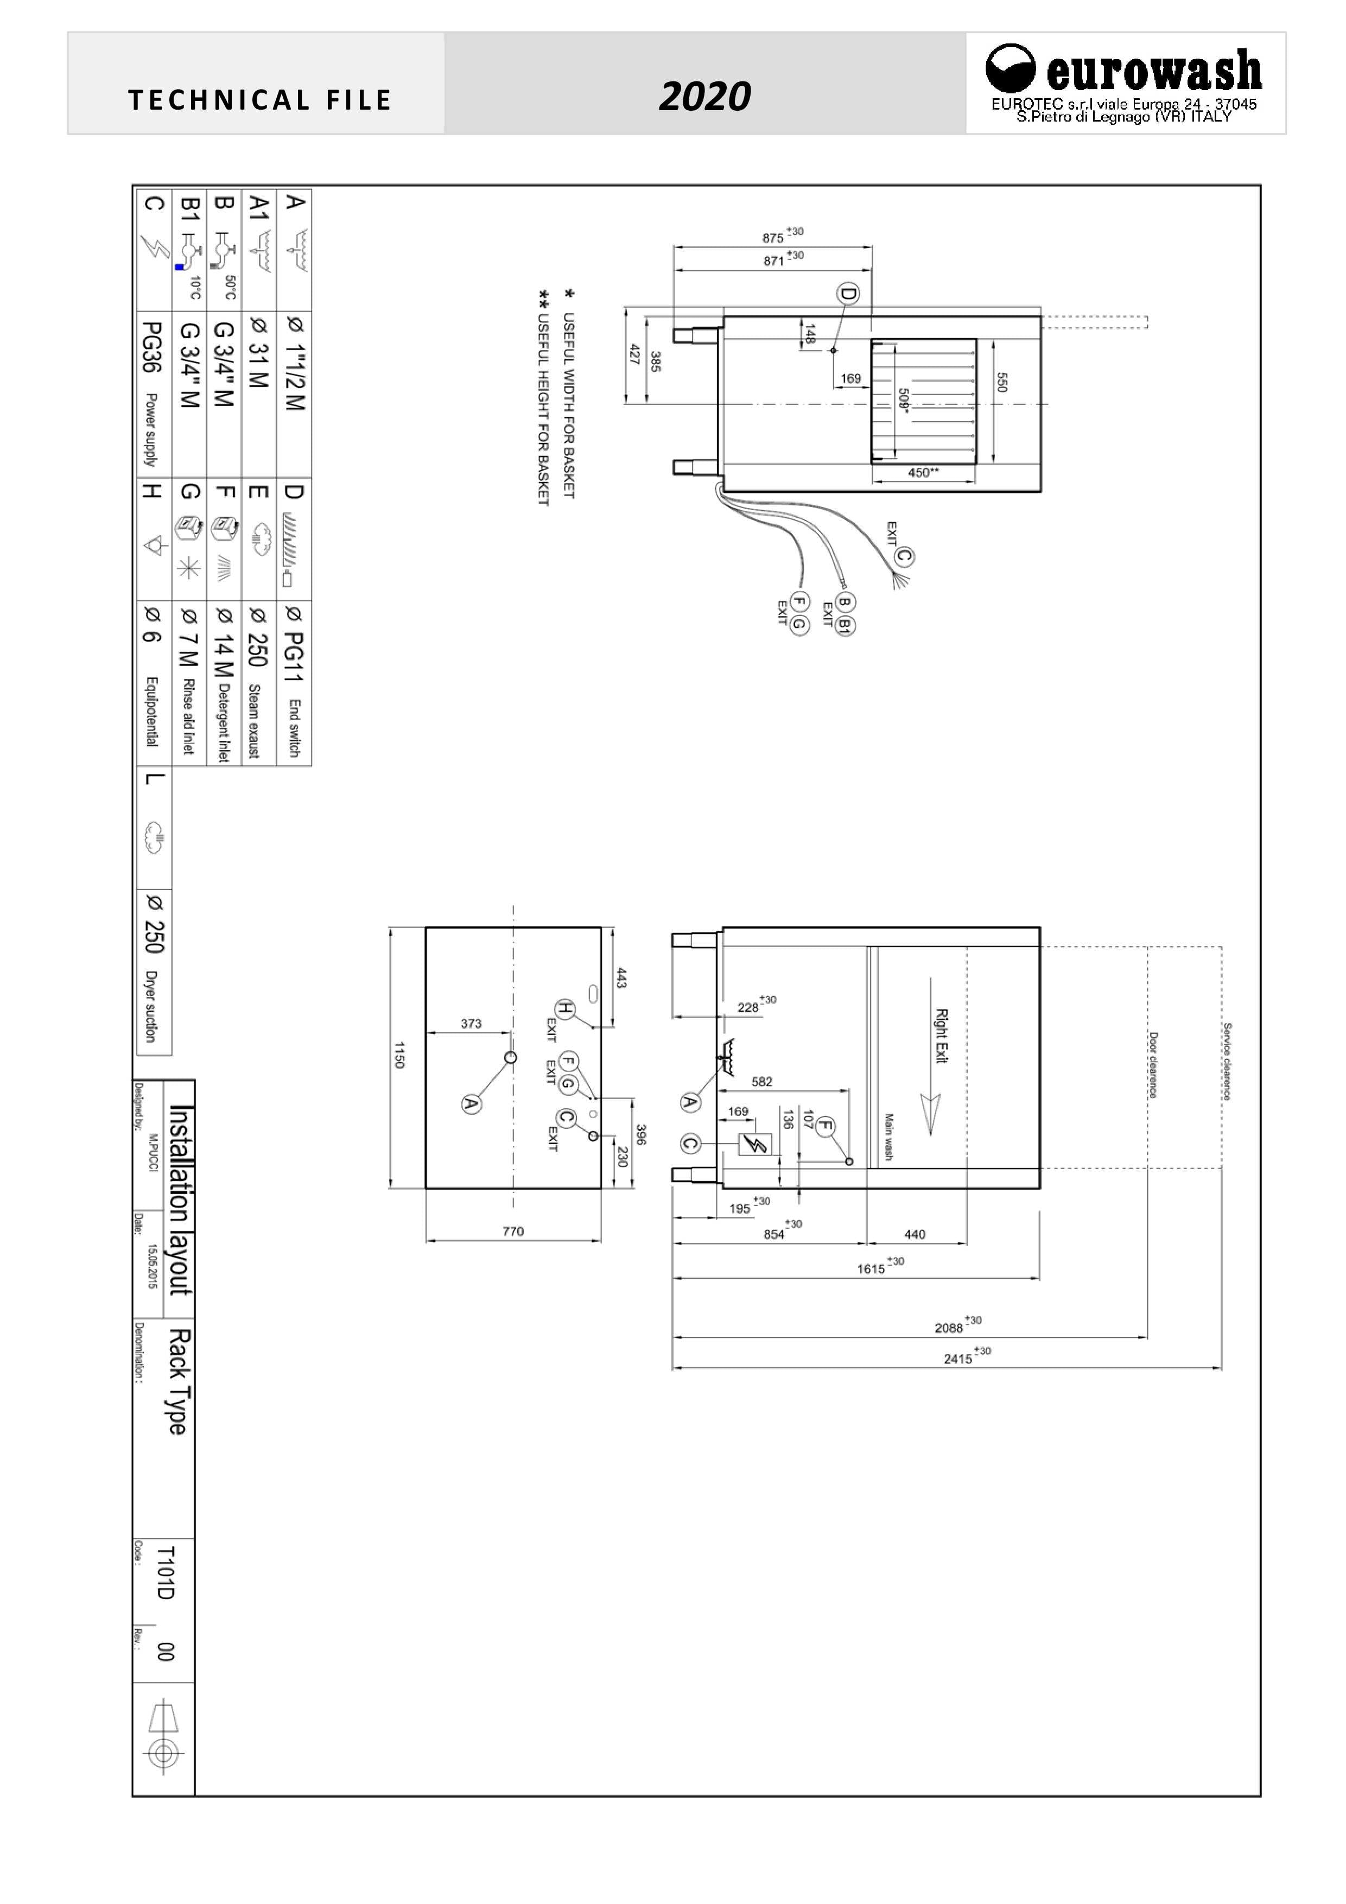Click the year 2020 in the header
coord(704,97)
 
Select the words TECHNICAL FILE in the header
coord(259,101)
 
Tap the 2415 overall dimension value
coord(958,1359)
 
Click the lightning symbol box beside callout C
coord(755,1144)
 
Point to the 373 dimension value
coord(471,1023)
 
